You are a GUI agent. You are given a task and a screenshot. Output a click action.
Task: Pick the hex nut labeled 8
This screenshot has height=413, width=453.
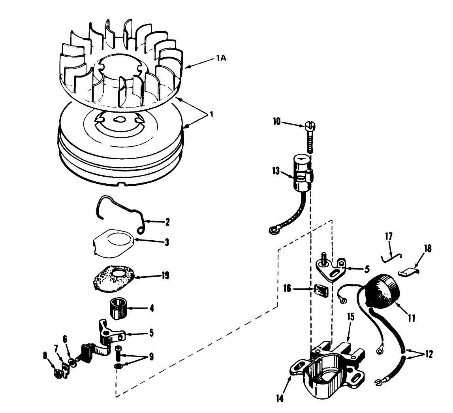click(x=58, y=374)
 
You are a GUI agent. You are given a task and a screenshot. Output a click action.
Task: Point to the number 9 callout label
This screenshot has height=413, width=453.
click(x=150, y=358)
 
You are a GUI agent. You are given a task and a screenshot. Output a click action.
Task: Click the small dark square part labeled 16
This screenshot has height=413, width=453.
click(x=321, y=291)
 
